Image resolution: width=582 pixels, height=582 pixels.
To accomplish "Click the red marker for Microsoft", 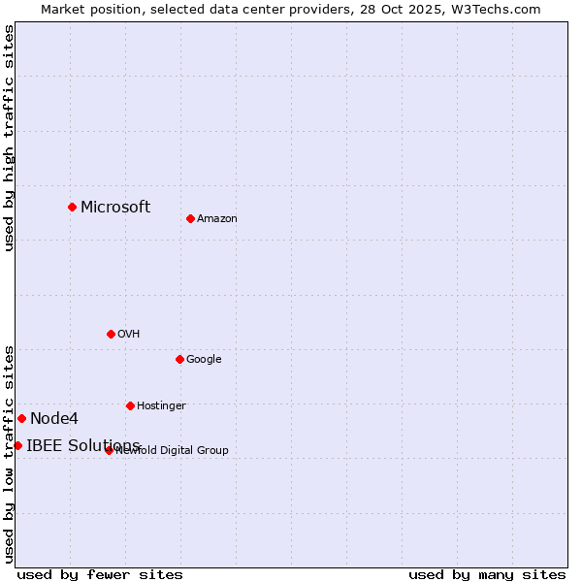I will [x=72, y=207].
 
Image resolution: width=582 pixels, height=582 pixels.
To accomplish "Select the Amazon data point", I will [x=190, y=218].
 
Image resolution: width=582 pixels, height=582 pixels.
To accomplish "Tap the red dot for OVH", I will [x=111, y=334].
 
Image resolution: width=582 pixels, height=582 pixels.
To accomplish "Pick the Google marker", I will [x=179, y=359].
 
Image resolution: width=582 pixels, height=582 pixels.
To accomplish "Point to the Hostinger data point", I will [x=130, y=405].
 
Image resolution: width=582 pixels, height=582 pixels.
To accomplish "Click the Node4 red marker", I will [x=21, y=418].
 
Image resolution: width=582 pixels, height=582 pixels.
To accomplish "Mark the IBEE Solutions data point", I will [x=17, y=445].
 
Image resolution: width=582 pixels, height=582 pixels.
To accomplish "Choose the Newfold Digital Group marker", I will [x=109, y=450].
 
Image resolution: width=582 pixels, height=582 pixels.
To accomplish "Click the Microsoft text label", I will [x=115, y=207].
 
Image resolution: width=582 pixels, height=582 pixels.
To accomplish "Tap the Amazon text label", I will [x=217, y=218].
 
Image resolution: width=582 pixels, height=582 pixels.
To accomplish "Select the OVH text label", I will [x=129, y=334].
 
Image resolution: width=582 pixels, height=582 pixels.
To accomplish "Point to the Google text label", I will [x=204, y=359].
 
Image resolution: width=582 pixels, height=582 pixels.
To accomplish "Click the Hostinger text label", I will [x=161, y=405].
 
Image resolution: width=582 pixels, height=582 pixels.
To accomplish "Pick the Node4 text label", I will [x=54, y=418].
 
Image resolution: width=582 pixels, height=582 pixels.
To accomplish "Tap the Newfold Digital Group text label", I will [x=173, y=450].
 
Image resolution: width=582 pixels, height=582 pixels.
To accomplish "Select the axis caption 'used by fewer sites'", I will [x=100, y=574].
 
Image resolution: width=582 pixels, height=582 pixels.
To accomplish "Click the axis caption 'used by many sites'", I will [x=487, y=574].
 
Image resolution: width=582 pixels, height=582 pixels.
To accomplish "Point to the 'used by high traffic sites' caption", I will [x=9, y=138].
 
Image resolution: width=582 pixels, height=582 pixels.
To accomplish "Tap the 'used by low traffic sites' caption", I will [x=9, y=453].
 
